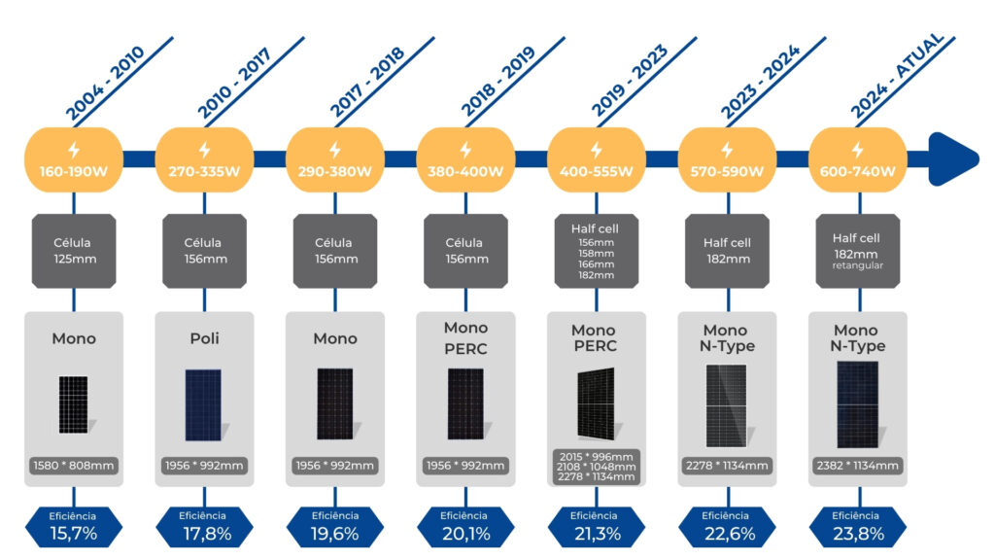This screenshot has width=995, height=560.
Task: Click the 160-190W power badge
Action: [73, 160]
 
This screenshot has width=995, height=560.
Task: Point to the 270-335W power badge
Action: [204, 160]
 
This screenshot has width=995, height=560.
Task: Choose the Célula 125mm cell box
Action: [73, 251]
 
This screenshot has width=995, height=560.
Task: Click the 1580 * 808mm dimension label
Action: [73, 466]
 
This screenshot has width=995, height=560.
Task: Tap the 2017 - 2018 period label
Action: [367, 83]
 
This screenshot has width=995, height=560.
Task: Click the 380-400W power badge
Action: [465, 160]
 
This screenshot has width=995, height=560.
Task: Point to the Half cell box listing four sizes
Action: [596, 252]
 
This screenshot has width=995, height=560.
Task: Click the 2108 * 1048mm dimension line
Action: [596, 467]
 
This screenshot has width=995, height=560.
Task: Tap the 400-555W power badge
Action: [596, 160]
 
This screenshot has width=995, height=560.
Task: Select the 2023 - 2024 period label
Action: [759, 83]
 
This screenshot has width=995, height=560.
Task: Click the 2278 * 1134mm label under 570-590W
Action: [727, 466]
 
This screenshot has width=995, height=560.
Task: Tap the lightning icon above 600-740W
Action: [857, 150]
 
